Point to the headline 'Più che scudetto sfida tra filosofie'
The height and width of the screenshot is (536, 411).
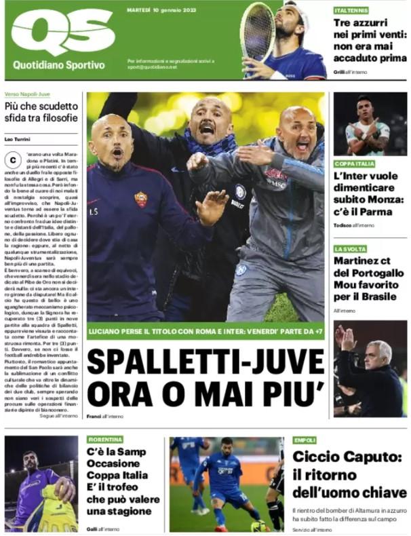(x=39, y=113)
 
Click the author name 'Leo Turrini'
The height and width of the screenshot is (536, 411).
(x=19, y=139)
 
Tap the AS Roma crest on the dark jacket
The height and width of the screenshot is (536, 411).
(x=140, y=199)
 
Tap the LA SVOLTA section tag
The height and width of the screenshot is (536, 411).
(x=349, y=249)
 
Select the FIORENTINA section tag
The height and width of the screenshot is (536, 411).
(x=105, y=439)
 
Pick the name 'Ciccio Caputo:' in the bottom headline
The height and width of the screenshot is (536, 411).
(x=347, y=457)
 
